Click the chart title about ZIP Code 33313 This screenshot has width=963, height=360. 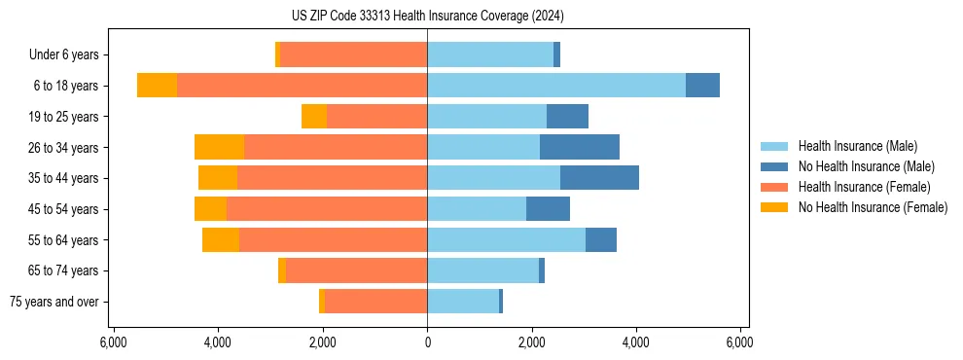click(x=427, y=16)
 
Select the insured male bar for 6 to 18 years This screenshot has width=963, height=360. click(x=555, y=86)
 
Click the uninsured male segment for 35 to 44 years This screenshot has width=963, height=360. click(x=599, y=178)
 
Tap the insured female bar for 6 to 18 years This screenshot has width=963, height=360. click(x=302, y=86)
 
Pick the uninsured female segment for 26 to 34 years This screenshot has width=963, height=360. click(x=219, y=147)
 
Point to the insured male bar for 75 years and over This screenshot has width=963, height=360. click(x=462, y=302)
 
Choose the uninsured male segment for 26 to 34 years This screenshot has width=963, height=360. click(x=580, y=147)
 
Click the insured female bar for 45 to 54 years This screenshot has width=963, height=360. click(x=327, y=209)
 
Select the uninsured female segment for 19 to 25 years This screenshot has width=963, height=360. click(x=313, y=117)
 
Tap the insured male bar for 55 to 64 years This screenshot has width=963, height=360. click(x=506, y=240)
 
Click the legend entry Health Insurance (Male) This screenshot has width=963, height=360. click(x=857, y=146)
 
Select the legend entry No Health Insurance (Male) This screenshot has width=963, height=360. click(x=866, y=166)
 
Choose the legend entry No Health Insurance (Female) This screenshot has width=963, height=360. click(x=873, y=207)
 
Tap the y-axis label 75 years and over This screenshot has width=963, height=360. click(x=54, y=302)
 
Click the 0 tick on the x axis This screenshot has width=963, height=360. click(x=427, y=342)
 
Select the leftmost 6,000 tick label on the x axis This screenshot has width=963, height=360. click(x=114, y=342)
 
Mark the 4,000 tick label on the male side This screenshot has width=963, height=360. click(x=636, y=342)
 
